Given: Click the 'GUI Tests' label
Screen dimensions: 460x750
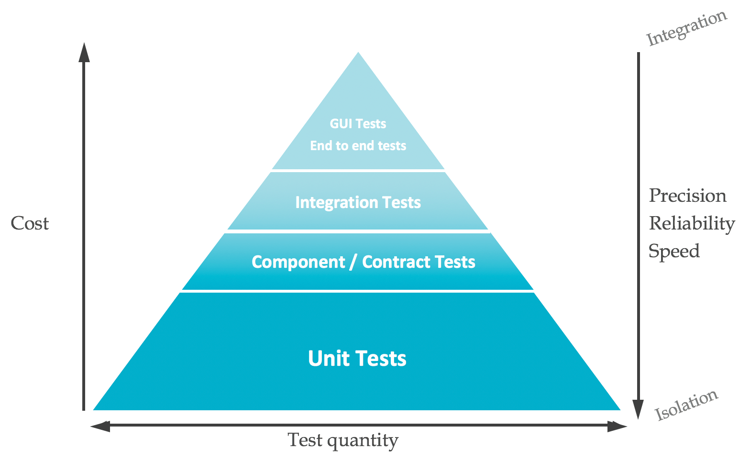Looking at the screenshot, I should (358, 124).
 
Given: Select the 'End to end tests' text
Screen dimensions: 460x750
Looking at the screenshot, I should (358, 145).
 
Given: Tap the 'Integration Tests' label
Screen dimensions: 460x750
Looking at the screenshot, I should (358, 202).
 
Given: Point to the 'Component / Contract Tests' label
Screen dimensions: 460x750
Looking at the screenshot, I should (363, 262).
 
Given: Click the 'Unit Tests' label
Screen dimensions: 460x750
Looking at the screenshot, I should (357, 359).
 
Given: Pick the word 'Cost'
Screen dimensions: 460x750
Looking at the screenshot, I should (30, 223).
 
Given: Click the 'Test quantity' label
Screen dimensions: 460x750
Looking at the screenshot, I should (342, 440).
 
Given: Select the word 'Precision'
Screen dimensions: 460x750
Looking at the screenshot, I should (687, 196).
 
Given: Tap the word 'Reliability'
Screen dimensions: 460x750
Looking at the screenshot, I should (692, 223).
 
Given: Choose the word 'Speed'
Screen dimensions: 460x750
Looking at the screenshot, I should (674, 251).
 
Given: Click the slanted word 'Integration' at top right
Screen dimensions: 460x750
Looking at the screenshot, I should (687, 29).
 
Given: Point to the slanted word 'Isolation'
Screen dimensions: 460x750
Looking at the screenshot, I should (686, 405).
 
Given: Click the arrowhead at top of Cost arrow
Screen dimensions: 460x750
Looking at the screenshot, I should (84, 52).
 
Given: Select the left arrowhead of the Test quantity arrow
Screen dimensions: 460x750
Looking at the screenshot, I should (99, 426).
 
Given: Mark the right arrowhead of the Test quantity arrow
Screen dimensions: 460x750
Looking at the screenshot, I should (618, 426).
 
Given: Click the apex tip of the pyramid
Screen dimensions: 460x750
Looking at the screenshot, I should (358, 54).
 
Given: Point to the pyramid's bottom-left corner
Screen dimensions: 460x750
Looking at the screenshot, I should (95, 409).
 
